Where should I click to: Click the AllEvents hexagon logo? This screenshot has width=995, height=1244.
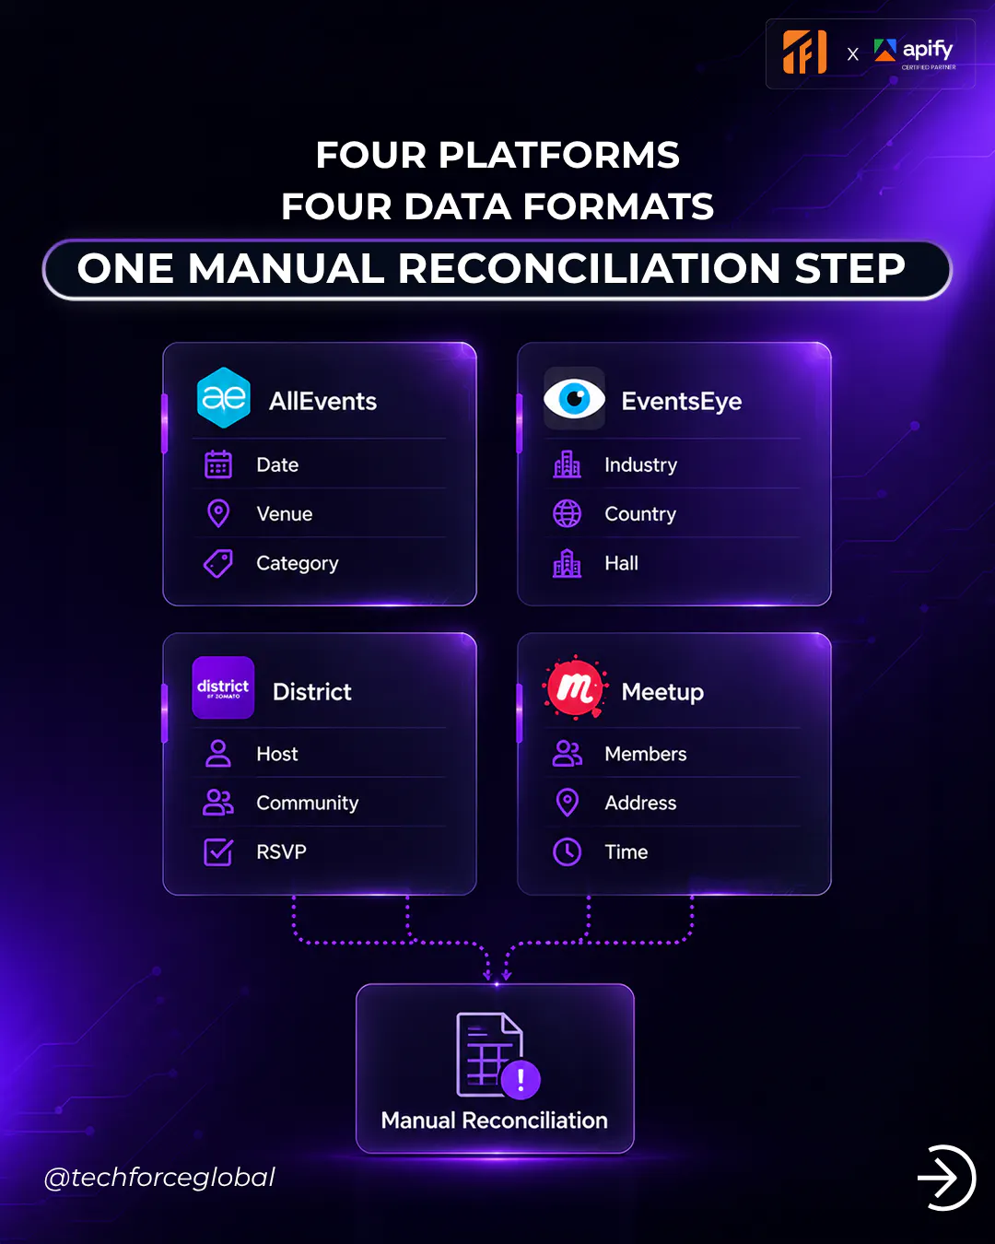click(x=223, y=398)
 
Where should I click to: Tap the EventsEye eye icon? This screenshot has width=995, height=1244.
click(x=574, y=398)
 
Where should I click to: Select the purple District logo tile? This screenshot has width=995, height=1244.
click(x=223, y=687)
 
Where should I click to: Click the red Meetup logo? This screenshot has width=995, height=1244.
click(x=575, y=688)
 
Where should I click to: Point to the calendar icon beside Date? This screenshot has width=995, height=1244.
click(x=218, y=464)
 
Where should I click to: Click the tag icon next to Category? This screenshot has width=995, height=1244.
click(x=218, y=563)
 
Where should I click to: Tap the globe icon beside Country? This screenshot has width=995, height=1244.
click(x=568, y=513)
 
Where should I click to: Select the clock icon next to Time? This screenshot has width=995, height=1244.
click(x=568, y=851)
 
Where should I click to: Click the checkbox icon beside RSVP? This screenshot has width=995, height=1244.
click(x=218, y=852)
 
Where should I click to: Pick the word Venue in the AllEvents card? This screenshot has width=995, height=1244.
click(x=285, y=514)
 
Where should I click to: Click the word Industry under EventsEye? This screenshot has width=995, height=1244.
click(x=640, y=464)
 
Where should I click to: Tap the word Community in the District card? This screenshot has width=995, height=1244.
click(x=307, y=803)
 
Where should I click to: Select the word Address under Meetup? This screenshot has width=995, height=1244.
click(x=640, y=803)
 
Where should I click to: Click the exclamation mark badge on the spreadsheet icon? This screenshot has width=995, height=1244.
click(x=521, y=1079)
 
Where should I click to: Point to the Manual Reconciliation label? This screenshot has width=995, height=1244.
click(x=495, y=1121)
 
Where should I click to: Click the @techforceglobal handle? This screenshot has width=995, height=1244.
click(x=159, y=1177)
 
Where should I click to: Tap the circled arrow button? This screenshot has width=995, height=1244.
click(x=946, y=1178)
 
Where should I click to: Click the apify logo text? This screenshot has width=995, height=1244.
click(x=928, y=49)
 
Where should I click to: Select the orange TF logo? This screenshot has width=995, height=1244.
click(x=804, y=52)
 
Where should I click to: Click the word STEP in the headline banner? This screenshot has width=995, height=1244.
click(x=849, y=269)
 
